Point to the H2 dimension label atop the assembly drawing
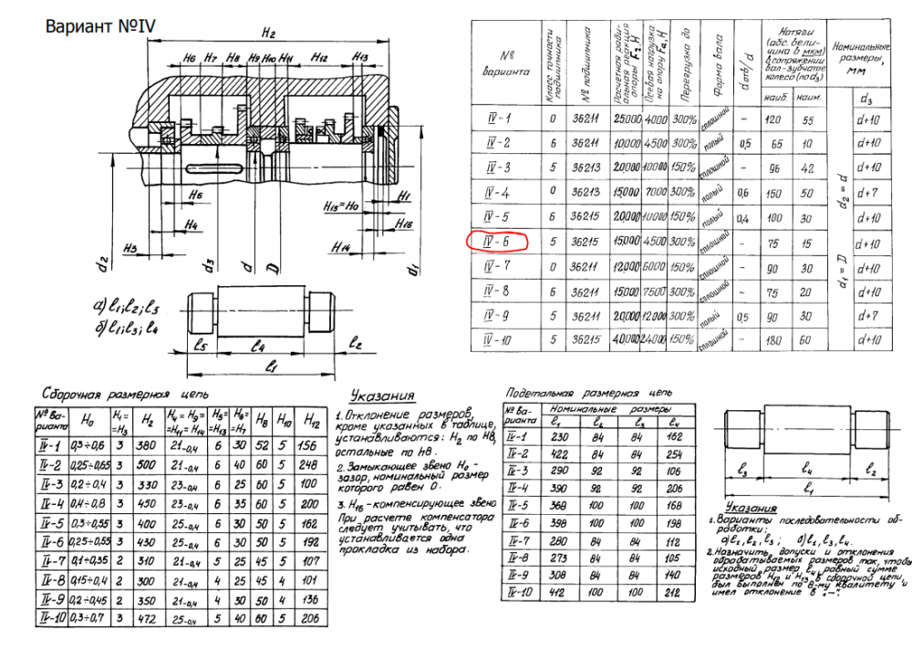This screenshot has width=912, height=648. point(267,35)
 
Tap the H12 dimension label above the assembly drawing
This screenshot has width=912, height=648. point(318,57)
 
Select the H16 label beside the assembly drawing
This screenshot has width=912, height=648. point(406,223)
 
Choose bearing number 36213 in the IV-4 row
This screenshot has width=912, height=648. point(581,192)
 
